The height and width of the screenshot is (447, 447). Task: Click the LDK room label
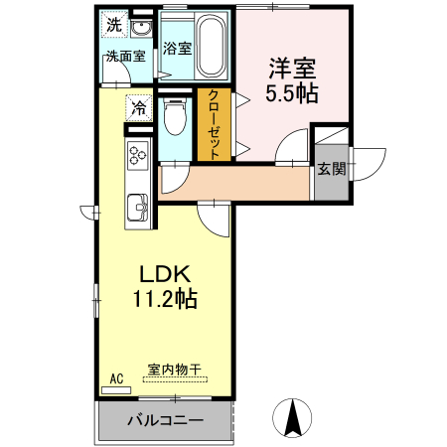(x=159, y=275)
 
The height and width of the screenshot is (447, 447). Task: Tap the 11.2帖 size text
(x=159, y=298)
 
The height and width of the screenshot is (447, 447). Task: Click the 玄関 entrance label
(x=331, y=168)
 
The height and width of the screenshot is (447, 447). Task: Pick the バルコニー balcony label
(x=165, y=420)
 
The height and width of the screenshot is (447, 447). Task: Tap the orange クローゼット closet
(x=213, y=124)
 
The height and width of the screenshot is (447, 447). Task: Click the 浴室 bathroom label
(x=177, y=48)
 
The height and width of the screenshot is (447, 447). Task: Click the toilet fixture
(x=176, y=119)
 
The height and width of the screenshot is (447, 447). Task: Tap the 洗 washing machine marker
(x=115, y=25)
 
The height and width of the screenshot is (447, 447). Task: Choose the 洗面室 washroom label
(x=126, y=56)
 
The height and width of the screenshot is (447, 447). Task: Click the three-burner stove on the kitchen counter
(x=136, y=154)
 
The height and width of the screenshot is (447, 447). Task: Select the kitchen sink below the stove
(x=136, y=209)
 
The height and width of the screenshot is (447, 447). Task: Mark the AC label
(x=116, y=378)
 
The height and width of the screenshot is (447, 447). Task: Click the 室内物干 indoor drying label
(x=174, y=370)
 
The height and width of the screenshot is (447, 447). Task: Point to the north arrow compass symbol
(x=293, y=415)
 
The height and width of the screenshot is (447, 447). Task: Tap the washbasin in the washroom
(x=141, y=27)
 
